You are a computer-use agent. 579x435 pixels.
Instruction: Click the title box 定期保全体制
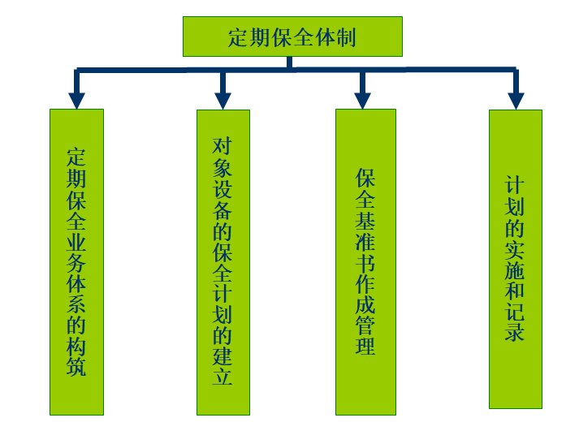pyautogui.click(x=292, y=37)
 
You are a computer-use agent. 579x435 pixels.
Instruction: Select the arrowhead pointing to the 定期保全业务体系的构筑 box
pyautogui.click(x=76, y=100)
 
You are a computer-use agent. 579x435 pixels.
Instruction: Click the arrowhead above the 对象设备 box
pyautogui.click(x=223, y=100)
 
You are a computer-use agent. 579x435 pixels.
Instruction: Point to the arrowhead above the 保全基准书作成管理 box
pyautogui.click(x=363, y=100)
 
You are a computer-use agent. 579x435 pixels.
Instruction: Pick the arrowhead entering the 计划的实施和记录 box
pyautogui.click(x=516, y=100)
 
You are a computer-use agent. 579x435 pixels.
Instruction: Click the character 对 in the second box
pyautogui.click(x=223, y=146)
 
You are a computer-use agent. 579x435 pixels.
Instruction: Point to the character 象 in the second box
pyautogui.click(x=223, y=167)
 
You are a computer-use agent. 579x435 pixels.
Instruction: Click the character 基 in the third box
pyautogui.click(x=365, y=219)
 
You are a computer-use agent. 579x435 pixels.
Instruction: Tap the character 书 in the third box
pyautogui.click(x=365, y=261)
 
